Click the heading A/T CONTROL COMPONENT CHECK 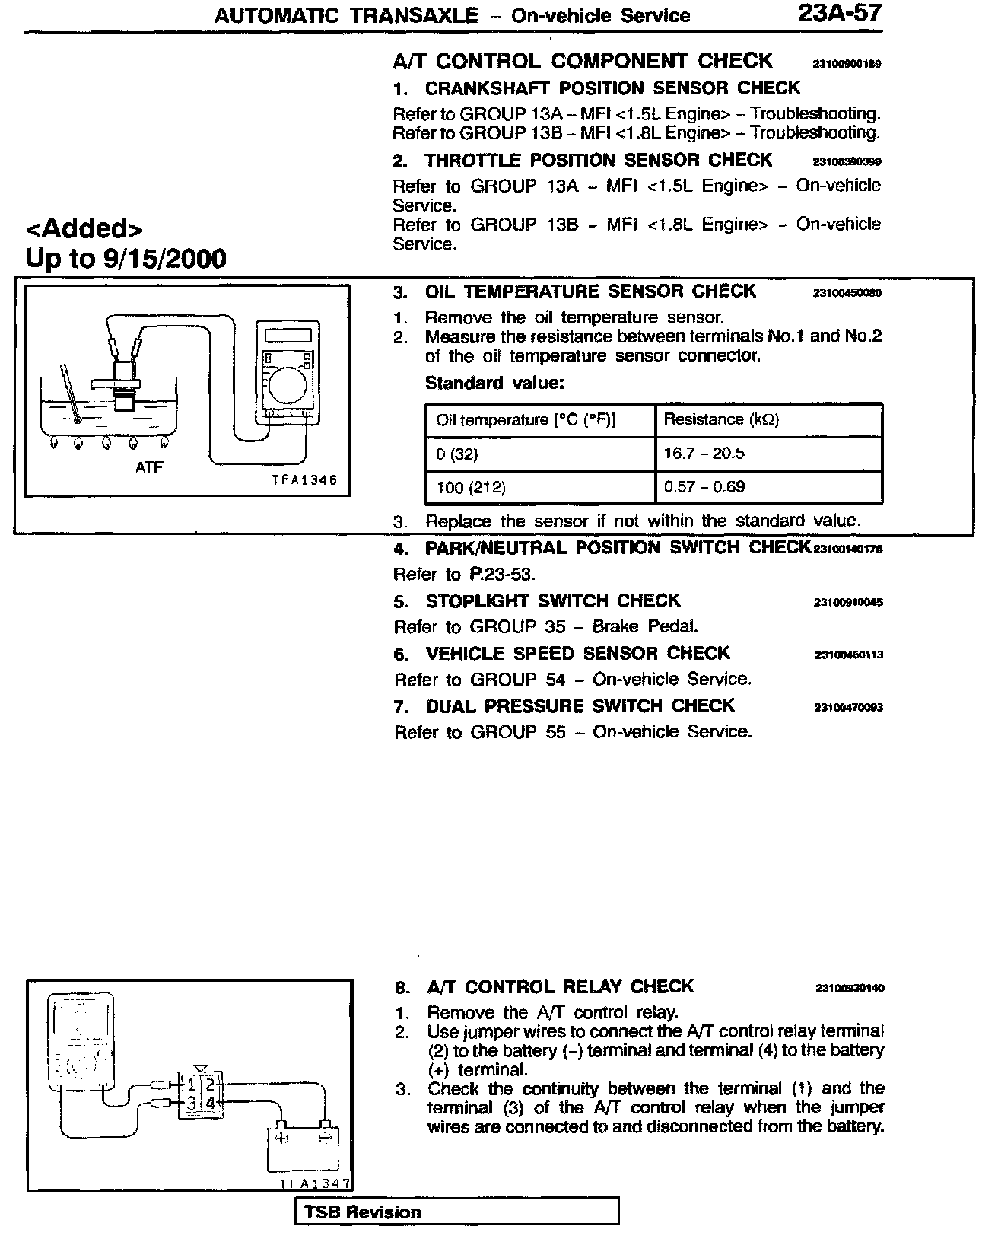[x=583, y=61]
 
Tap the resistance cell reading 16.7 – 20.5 [x=704, y=454]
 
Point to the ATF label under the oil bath [x=148, y=467]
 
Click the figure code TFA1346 [x=304, y=480]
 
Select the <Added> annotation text [x=84, y=228]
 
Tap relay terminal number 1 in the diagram [x=192, y=1084]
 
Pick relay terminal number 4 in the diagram [x=211, y=1103]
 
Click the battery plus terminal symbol [x=281, y=1139]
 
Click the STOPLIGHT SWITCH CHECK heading [x=552, y=601]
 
